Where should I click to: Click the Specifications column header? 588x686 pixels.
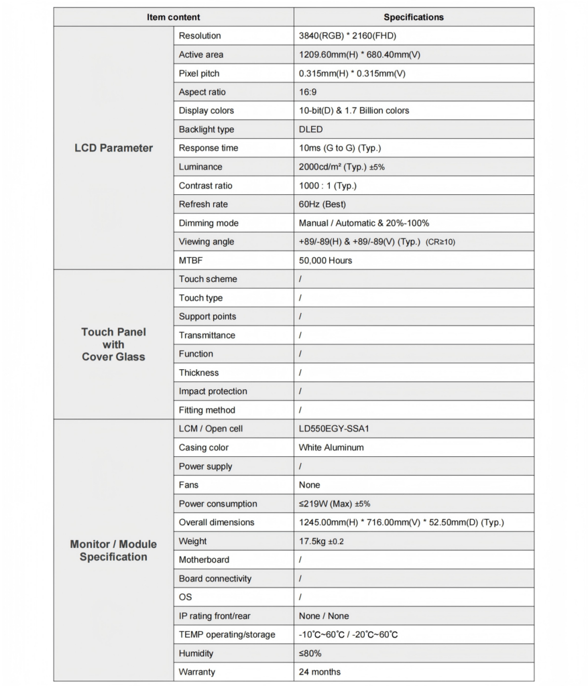click(x=413, y=17)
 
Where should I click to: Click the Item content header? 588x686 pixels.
click(x=173, y=17)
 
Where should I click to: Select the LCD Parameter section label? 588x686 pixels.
click(x=113, y=148)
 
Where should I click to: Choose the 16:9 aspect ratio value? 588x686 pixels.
click(x=308, y=92)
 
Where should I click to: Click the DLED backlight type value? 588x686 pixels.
click(x=310, y=129)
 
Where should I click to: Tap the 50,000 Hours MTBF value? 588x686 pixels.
click(x=325, y=261)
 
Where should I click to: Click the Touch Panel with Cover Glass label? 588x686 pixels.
click(x=113, y=344)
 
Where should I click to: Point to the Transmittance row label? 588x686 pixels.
click(x=207, y=335)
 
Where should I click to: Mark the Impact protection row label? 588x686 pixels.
click(x=213, y=391)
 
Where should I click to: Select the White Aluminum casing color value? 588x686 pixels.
click(x=331, y=448)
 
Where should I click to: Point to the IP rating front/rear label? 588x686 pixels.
click(x=215, y=616)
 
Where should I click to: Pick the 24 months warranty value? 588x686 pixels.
click(x=319, y=672)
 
